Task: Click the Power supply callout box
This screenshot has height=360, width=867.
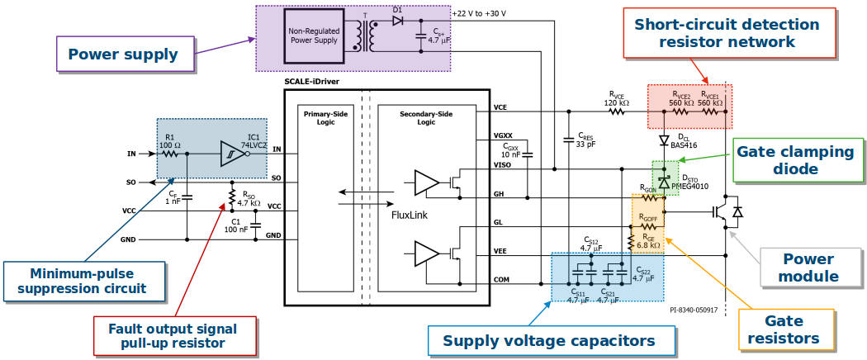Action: (126, 54)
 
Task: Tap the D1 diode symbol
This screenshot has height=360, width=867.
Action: (396, 21)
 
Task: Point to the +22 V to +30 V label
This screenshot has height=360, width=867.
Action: (479, 12)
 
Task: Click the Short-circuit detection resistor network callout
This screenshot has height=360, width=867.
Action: (730, 33)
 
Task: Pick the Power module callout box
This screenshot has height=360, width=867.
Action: (811, 268)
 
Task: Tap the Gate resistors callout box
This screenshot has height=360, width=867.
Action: (786, 329)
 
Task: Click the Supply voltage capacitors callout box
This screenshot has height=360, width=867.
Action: (552, 340)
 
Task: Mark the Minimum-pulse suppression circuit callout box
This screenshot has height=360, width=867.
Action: (84, 282)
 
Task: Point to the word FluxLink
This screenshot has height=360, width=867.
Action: (410, 214)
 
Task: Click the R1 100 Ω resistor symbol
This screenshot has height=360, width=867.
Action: (170, 154)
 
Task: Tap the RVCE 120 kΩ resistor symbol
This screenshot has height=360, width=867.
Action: (616, 111)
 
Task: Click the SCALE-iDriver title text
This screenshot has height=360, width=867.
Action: (312, 81)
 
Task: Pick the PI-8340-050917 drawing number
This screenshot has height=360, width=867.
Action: (694, 310)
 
